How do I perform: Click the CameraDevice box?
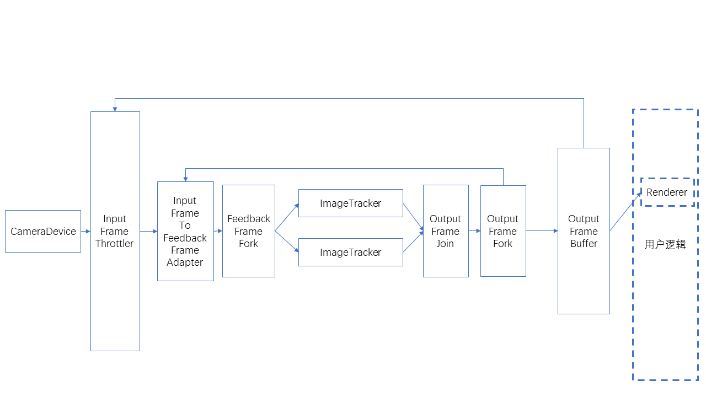(x=43, y=231)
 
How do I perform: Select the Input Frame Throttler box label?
(x=115, y=232)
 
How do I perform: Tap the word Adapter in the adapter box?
(x=185, y=262)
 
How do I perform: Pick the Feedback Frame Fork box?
(x=248, y=231)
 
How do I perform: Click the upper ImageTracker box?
(x=350, y=203)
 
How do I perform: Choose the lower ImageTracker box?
(x=350, y=253)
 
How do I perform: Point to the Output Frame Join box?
(x=445, y=231)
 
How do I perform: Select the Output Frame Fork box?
(x=502, y=231)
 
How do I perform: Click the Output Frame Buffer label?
(x=584, y=231)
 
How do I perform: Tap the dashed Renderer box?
(x=667, y=192)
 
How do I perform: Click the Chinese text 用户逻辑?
(x=665, y=244)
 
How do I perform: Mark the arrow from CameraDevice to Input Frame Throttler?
(x=85, y=232)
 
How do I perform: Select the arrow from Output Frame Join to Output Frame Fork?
(x=474, y=232)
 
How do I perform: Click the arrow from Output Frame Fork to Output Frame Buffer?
(x=542, y=231)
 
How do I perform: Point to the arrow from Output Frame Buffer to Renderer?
(x=625, y=212)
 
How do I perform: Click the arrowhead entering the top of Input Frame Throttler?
(x=115, y=109)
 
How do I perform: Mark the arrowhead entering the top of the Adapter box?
(x=185, y=179)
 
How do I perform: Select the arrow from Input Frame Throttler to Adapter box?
(x=148, y=232)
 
